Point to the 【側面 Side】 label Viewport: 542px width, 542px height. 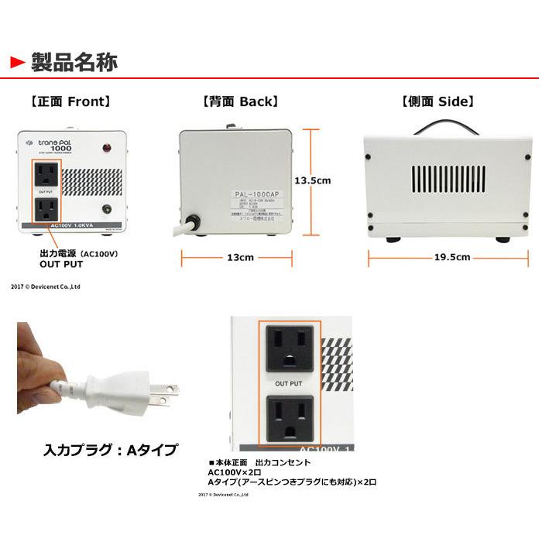coord(437,101)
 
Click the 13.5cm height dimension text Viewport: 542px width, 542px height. coord(315,180)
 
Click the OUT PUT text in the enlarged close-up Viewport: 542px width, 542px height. coord(288,383)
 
